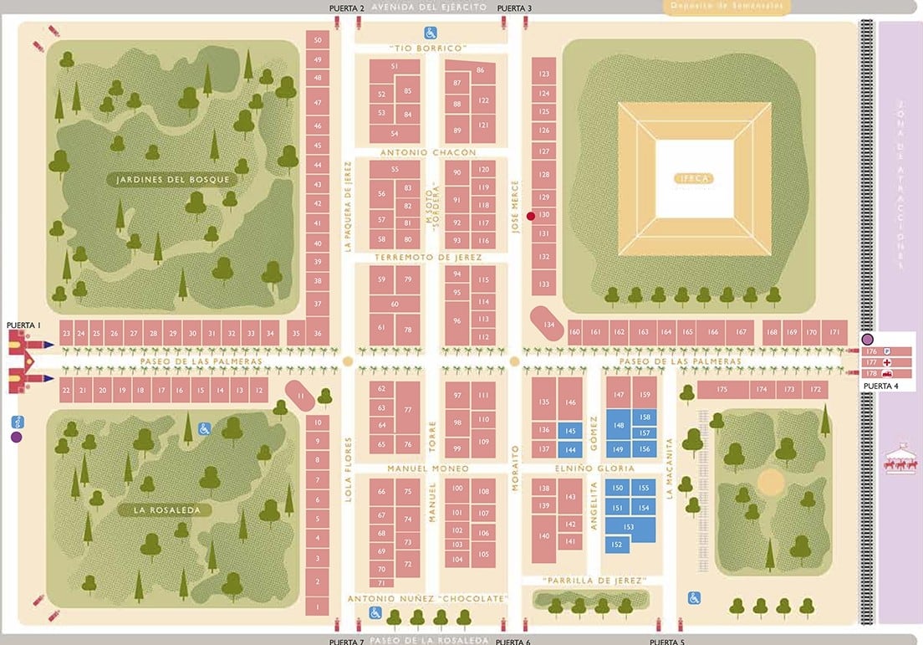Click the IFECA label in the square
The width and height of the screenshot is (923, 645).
pyautogui.click(x=695, y=179)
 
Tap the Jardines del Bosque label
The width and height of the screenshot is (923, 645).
pyautogui.click(x=174, y=179)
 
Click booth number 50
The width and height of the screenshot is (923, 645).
pyautogui.click(x=318, y=39)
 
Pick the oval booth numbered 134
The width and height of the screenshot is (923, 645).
pyautogui.click(x=548, y=324)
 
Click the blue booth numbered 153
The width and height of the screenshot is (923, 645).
pyautogui.click(x=629, y=528)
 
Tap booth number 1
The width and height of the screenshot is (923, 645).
pyautogui.click(x=317, y=607)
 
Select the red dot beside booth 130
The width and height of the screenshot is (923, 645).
pyautogui.click(x=530, y=217)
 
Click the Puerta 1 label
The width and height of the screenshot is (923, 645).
pyautogui.click(x=23, y=324)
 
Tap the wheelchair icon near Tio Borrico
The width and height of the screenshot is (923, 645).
pyautogui.click(x=430, y=33)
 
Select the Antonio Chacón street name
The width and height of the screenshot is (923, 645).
pyautogui.click(x=428, y=153)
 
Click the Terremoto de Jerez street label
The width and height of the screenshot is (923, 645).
pyautogui.click(x=428, y=258)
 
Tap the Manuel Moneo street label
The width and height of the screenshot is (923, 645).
pyautogui.click(x=428, y=469)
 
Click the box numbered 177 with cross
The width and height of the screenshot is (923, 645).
pyautogui.click(x=882, y=362)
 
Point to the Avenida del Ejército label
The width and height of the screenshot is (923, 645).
pyautogui.click(x=430, y=7)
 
